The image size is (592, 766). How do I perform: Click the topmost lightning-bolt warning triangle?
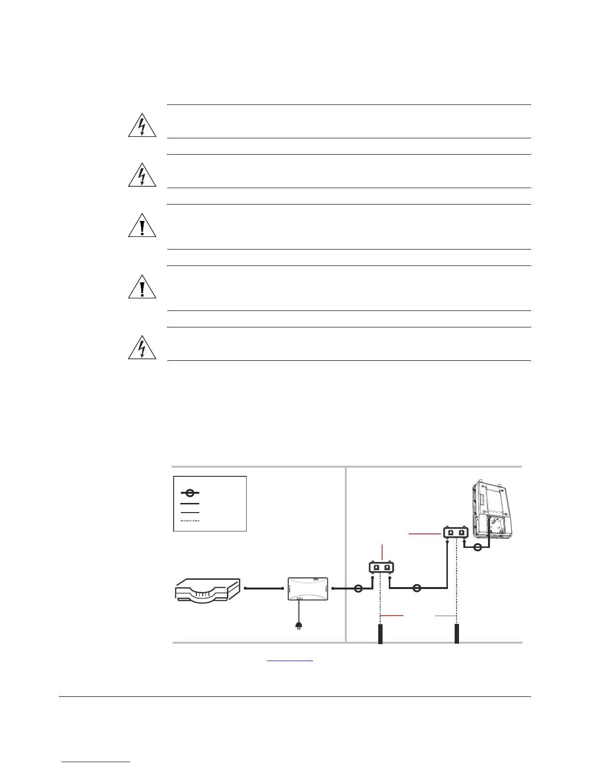tap(142, 126)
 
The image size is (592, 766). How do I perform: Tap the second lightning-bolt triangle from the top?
tap(142, 176)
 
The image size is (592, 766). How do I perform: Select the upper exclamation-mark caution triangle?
tap(142, 226)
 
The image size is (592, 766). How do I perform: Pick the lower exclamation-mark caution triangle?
tap(142, 288)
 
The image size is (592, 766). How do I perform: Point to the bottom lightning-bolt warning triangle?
tap(142, 348)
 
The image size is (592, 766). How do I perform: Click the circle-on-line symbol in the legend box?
tap(190, 493)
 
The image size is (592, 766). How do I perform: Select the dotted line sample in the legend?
tap(190, 521)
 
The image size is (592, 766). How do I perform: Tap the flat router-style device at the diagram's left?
tap(207, 589)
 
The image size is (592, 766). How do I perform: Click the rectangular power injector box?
tap(308, 589)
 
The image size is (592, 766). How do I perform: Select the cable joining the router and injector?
tap(264, 589)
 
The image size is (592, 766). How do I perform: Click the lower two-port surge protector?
tap(382, 567)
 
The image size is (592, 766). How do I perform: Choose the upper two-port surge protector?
tap(456, 533)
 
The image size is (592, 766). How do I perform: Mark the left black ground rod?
tap(381, 633)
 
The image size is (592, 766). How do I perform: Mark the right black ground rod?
tap(457, 633)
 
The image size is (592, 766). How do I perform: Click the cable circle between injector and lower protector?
tap(358, 589)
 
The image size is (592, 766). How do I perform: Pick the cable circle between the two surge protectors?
tap(417, 589)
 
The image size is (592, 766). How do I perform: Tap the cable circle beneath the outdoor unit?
tap(477, 547)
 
